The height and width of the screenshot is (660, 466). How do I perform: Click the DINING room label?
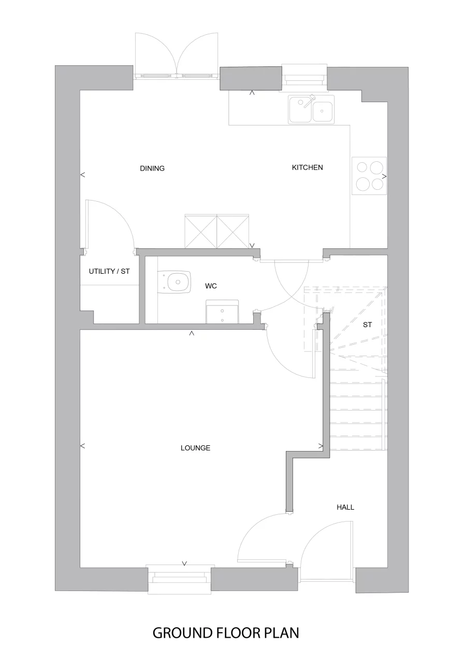[x=152, y=168]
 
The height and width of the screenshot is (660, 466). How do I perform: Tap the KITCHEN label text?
[x=307, y=167]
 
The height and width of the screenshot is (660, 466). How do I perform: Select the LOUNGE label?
[x=195, y=448]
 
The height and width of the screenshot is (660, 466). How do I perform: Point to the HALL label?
[x=345, y=507]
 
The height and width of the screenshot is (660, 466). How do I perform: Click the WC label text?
[x=211, y=286]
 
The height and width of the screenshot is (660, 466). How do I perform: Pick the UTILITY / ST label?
[x=109, y=271]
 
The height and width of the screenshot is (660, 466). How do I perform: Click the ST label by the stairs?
[x=368, y=325]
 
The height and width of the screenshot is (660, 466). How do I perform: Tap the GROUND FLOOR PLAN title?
[x=226, y=633]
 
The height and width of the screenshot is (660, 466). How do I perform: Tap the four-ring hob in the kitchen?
[x=369, y=175]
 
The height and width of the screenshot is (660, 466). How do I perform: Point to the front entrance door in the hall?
[x=326, y=550]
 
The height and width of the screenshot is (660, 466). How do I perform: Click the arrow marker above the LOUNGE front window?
[x=184, y=563]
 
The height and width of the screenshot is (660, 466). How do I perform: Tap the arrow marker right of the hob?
[x=384, y=177]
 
